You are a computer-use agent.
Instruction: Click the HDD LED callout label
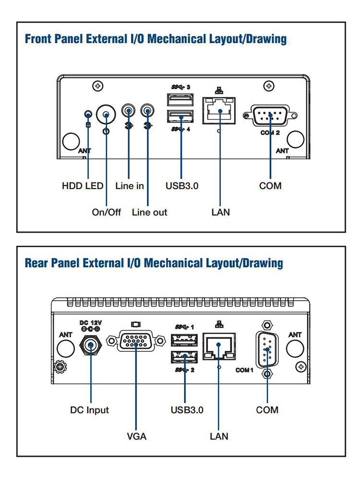click(x=83, y=186)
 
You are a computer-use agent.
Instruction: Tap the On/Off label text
click(x=107, y=212)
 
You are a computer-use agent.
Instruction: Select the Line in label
click(x=130, y=186)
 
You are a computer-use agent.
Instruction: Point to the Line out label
click(x=149, y=212)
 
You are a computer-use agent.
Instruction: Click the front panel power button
click(x=106, y=115)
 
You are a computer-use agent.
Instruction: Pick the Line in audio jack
click(x=129, y=111)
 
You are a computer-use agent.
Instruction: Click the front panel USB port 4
click(x=181, y=117)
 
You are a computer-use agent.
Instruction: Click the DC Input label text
click(x=90, y=410)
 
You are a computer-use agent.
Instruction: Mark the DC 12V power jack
click(x=90, y=345)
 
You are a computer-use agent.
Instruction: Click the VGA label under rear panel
click(x=136, y=436)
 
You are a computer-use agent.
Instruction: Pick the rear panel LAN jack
click(x=219, y=347)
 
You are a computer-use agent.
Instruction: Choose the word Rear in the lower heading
click(x=36, y=263)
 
